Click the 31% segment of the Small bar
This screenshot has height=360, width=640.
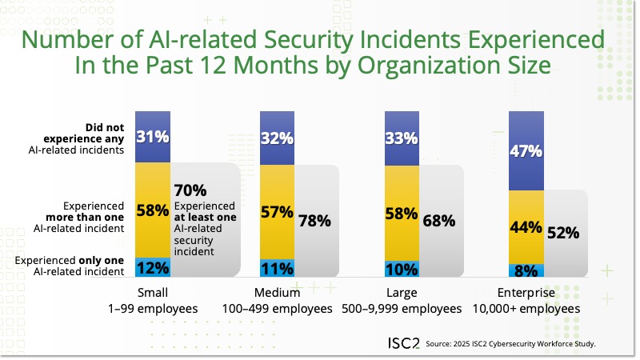click(151, 137)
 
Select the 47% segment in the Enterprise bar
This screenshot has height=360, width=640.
click(526, 150)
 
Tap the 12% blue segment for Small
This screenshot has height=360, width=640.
click(151, 267)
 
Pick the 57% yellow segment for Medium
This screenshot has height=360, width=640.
click(276, 212)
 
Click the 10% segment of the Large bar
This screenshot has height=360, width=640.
click(402, 269)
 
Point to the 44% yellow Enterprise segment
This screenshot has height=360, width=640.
click(526, 226)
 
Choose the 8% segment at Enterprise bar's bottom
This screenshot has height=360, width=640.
click(526, 270)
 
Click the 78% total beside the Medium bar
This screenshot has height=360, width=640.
click(314, 221)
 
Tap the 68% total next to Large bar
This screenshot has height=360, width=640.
click(439, 221)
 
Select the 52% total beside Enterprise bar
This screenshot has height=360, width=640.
click(563, 233)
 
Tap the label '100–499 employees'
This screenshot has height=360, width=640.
click(277, 308)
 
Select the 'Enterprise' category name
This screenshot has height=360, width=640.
click(527, 292)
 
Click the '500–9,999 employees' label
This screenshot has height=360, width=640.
click(402, 308)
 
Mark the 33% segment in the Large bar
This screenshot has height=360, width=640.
click(402, 138)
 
